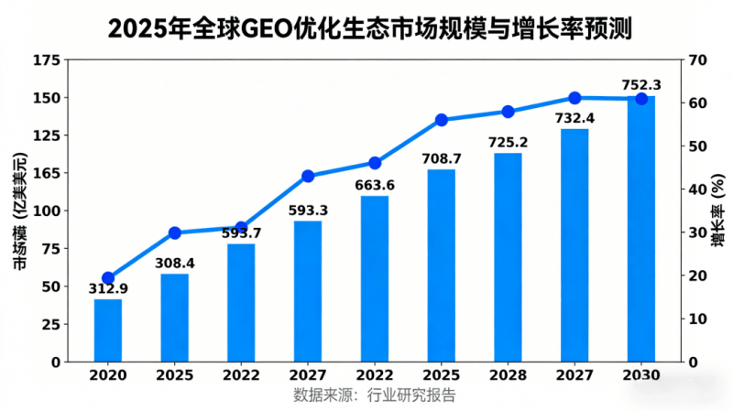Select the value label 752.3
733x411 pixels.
click(x=641, y=85)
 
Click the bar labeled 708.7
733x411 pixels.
click(x=441, y=265)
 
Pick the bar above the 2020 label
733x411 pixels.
click(x=108, y=330)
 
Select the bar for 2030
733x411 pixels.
click(x=641, y=229)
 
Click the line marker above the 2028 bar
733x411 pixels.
click(x=509, y=112)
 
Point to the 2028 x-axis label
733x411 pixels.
click(x=508, y=376)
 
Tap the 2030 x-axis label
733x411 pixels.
click(x=641, y=376)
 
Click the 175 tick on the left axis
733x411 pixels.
click(x=46, y=60)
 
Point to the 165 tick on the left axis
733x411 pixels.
click(x=46, y=173)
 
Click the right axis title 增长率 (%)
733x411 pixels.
click(x=717, y=211)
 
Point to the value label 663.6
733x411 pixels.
click(x=375, y=186)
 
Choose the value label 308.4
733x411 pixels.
click(x=175, y=264)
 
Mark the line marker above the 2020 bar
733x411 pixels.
click(x=108, y=278)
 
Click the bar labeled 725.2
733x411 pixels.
click(x=508, y=257)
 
